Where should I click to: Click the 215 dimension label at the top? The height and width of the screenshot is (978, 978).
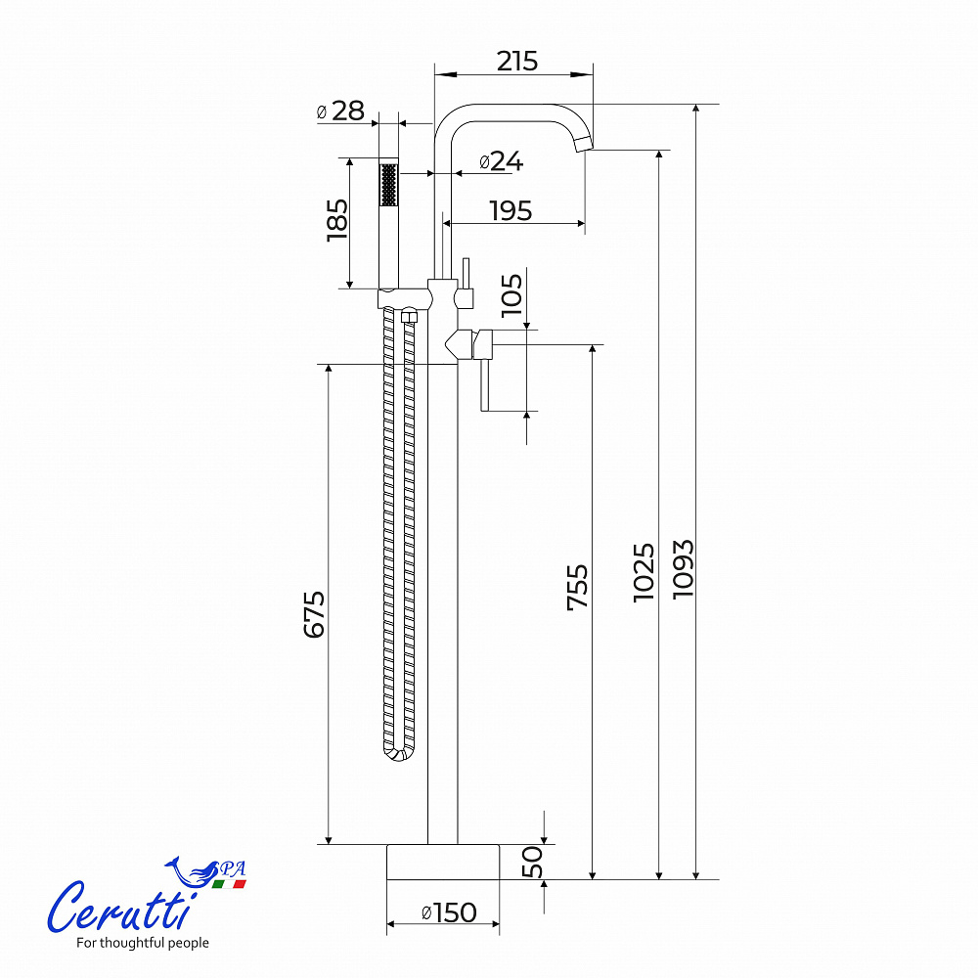516,61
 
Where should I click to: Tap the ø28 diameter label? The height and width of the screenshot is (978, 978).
340,111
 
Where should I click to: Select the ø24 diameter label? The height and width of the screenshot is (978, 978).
502,161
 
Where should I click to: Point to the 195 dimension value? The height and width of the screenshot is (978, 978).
511,211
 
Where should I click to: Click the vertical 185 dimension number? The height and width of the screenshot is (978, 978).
337,220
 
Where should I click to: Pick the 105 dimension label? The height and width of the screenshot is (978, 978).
511,294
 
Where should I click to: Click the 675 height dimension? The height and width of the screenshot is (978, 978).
314,614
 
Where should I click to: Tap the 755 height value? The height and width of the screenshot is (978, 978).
578,587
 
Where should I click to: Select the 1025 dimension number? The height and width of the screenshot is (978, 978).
645,572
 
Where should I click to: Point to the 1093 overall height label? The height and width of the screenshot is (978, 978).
683,569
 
